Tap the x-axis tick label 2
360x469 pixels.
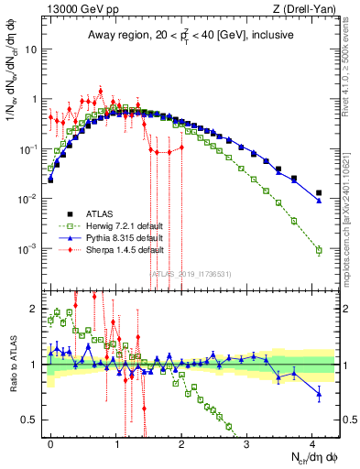point(181,442)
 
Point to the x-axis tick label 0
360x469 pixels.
point(50,442)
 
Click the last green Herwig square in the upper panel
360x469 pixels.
point(319,250)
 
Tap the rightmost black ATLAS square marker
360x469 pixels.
point(319,193)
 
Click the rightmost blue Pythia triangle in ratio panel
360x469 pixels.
point(319,395)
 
